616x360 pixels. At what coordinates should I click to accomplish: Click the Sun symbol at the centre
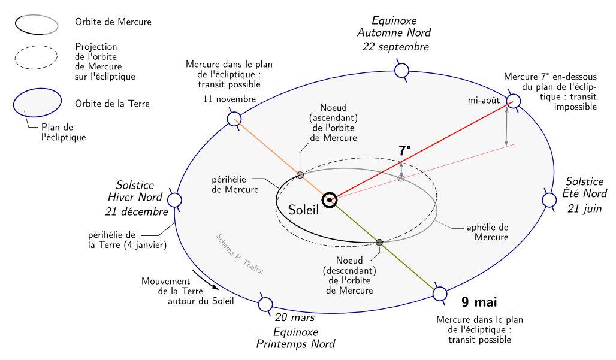[329, 200]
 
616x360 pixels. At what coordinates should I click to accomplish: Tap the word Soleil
[303, 210]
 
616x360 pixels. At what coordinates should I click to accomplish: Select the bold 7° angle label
[405, 150]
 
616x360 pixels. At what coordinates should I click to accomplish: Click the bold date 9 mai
[479, 302]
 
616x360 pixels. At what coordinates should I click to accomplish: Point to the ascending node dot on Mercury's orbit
[300, 174]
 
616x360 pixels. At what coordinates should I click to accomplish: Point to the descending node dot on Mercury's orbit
[379, 242]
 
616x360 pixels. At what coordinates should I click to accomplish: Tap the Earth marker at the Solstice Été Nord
[549, 200]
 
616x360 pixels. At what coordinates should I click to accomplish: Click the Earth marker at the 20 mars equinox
[265, 304]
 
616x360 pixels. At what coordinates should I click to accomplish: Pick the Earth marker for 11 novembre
[234, 119]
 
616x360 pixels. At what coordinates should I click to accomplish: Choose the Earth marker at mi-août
[514, 101]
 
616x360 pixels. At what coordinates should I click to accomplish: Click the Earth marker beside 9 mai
[440, 294]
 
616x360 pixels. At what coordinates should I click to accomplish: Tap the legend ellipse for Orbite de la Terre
[37, 103]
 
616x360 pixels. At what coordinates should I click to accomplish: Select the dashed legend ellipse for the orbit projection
[36, 58]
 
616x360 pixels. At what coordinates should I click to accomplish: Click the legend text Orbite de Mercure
[113, 22]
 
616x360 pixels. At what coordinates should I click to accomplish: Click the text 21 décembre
[137, 211]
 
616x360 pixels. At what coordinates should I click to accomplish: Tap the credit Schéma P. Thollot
[240, 254]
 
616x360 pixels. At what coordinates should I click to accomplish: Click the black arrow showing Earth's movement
[205, 279]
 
